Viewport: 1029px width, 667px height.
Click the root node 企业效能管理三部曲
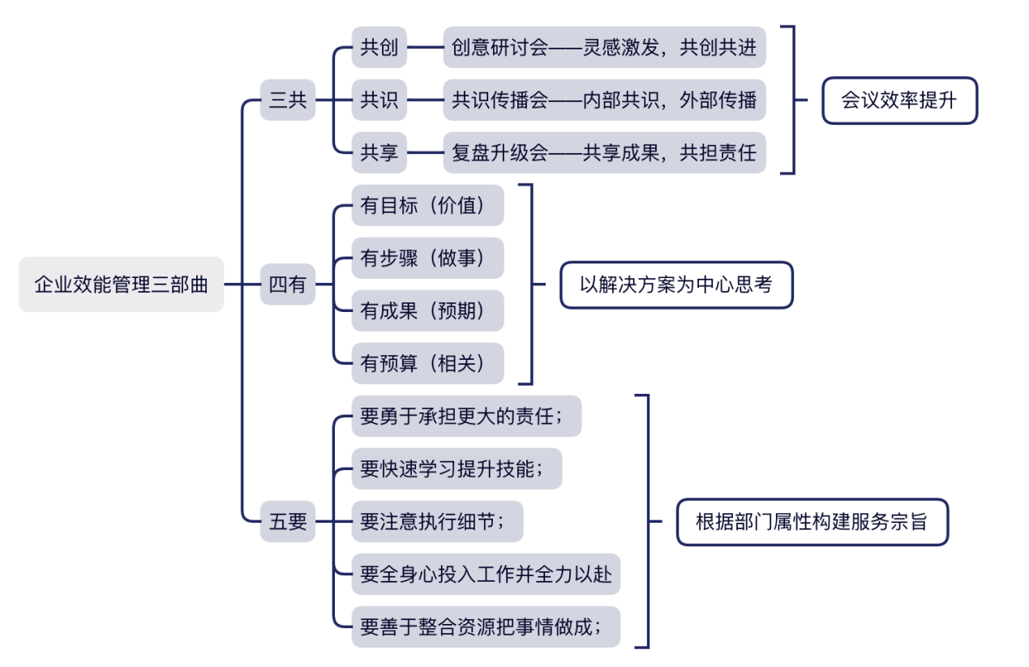click(x=121, y=284)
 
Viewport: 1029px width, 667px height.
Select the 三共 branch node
click(x=287, y=100)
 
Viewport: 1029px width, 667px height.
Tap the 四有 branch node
click(x=287, y=284)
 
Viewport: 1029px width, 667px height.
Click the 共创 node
click(x=379, y=48)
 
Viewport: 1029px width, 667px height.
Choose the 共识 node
click(x=379, y=100)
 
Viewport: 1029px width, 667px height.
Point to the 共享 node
click(x=379, y=153)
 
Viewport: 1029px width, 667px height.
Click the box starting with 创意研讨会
click(x=604, y=48)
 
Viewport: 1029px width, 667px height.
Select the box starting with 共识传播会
click(x=604, y=100)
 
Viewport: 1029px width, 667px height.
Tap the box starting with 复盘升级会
click(x=604, y=153)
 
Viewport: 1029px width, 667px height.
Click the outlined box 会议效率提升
click(x=899, y=100)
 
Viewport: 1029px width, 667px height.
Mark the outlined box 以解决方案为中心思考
click(x=675, y=284)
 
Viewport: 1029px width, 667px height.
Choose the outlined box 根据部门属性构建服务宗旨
click(x=812, y=521)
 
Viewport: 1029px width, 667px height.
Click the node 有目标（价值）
click(x=427, y=206)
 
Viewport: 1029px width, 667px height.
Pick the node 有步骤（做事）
click(x=427, y=259)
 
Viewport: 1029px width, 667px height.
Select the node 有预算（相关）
click(x=427, y=364)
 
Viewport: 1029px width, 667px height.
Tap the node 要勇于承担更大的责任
click(x=466, y=417)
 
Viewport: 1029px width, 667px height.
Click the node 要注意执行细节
click(x=437, y=521)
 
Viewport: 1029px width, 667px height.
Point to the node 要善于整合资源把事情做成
click(x=485, y=626)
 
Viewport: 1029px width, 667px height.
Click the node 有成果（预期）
click(x=427, y=311)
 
